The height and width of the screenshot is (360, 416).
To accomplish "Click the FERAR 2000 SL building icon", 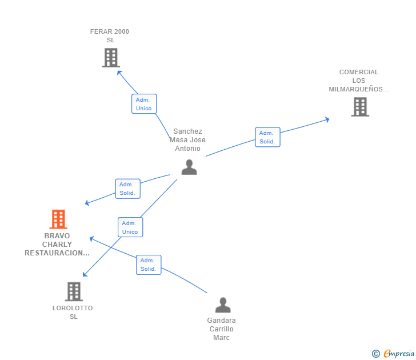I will (110, 58).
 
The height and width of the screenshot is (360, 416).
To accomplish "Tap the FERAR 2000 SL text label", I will (110, 35).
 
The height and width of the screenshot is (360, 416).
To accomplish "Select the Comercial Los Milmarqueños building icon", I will (359, 107).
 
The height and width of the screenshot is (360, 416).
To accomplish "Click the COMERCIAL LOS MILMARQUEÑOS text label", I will (358, 81).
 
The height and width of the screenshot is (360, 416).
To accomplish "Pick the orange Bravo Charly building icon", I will (58, 219).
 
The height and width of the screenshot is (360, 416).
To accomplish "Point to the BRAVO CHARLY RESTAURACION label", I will (57, 244).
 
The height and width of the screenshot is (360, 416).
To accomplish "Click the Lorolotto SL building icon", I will (74, 291).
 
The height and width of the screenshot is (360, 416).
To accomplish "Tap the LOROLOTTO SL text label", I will (73, 312).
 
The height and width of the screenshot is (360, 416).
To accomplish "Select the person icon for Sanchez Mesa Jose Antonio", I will (189, 167).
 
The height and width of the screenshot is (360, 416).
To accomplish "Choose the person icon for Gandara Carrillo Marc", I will (222, 305).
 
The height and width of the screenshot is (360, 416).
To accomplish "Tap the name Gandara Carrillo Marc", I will (222, 329).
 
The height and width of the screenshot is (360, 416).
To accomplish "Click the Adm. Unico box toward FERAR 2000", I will (144, 104).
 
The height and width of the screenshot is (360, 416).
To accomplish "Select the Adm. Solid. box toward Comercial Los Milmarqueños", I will (267, 137).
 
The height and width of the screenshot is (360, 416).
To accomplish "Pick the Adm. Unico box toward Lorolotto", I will (130, 227).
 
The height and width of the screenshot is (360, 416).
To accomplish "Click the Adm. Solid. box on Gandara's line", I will (149, 265).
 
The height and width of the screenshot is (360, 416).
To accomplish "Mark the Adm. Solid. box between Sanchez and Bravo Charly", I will (127, 189).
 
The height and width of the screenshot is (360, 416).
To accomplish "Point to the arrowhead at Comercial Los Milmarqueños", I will (327, 119).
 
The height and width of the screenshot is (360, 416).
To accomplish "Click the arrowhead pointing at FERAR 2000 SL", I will (119, 72).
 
